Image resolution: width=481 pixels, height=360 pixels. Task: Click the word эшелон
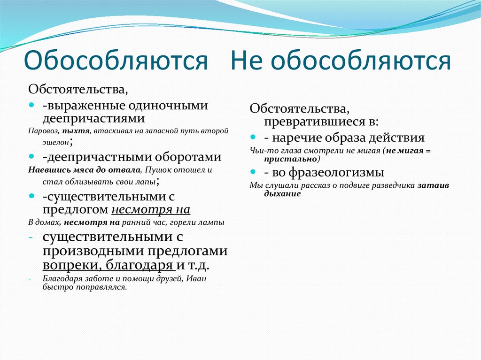[56, 142]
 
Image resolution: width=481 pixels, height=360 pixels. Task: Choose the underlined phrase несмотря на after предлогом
[151, 210]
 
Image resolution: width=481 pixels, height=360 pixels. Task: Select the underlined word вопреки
[70, 265]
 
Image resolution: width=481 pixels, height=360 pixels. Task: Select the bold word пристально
[290, 159]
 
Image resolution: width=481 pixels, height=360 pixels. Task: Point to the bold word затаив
[433, 185]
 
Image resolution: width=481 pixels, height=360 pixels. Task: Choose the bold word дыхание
[282, 194]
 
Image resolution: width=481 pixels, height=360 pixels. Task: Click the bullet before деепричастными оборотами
[31, 156]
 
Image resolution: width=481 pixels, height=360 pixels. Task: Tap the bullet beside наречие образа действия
[253, 137]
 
